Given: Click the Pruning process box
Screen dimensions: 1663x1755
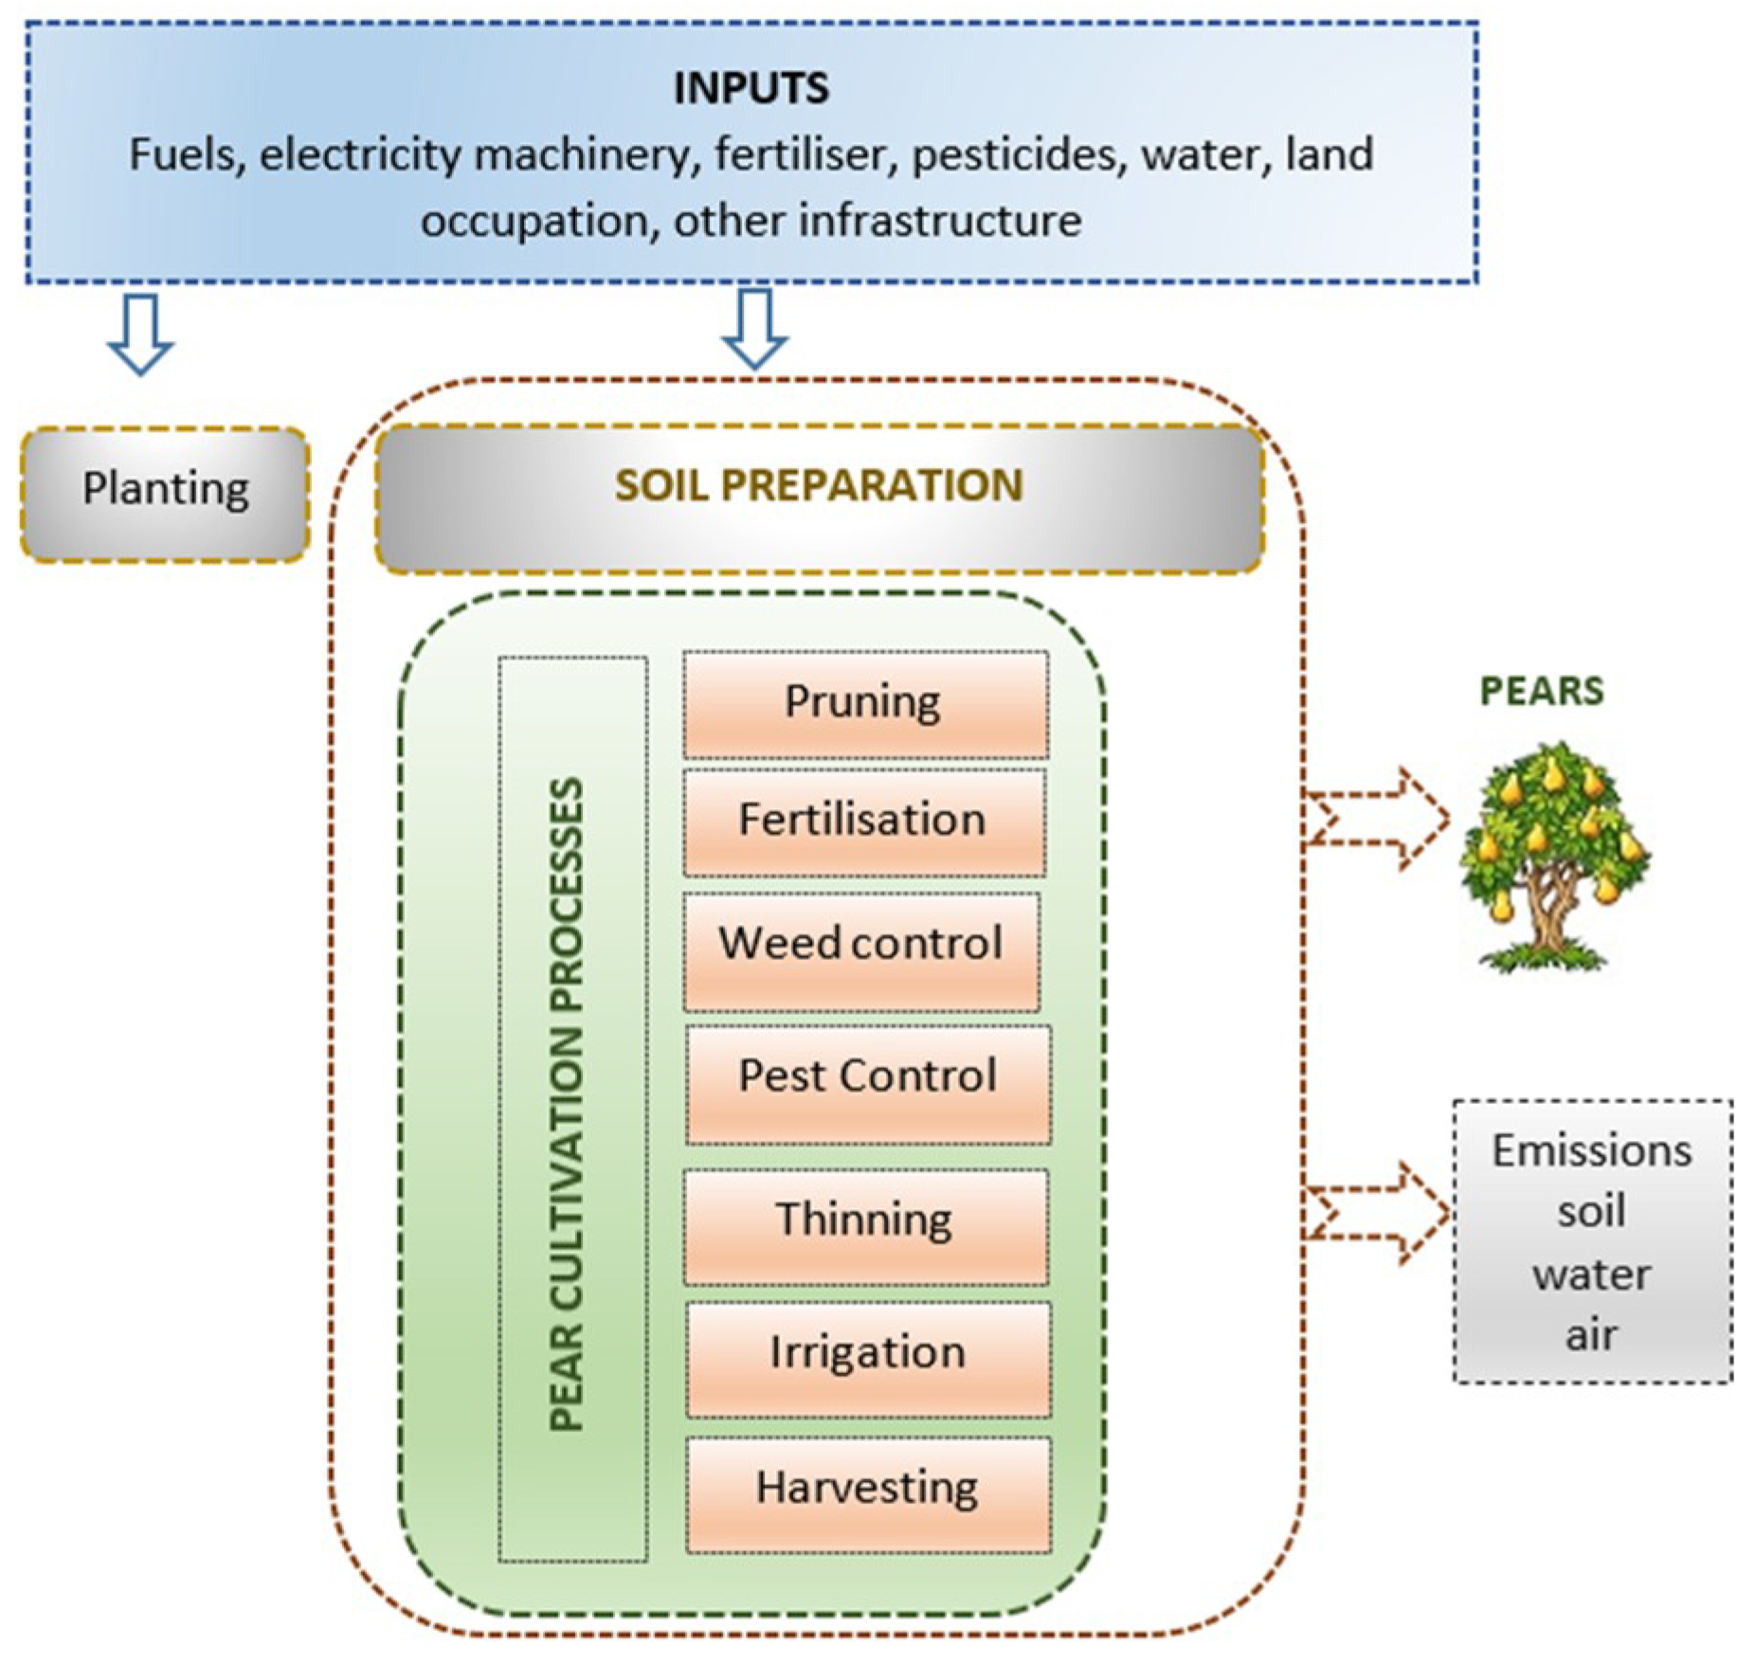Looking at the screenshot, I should coord(865,704).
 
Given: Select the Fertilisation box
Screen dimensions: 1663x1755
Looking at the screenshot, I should coord(863,822).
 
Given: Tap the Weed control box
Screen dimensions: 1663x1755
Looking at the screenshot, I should coord(861,950).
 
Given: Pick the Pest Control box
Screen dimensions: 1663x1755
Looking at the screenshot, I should coord(867,1083).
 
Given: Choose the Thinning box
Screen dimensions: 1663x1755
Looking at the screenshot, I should coord(865,1225).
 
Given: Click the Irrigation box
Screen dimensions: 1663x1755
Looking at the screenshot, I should coord(867,1358).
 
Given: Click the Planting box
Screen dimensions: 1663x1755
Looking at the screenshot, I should coord(165,493).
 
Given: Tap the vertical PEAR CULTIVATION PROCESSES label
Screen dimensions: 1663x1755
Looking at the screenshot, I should coord(569,1104).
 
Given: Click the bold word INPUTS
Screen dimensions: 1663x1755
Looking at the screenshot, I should coord(751,88).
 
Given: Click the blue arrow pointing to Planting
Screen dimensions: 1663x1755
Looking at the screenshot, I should coord(140,334).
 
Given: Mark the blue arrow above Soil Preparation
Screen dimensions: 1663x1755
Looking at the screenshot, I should coord(754,328).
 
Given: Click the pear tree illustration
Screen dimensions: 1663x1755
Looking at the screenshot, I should coord(1554,853).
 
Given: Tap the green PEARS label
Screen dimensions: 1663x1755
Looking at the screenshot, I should coord(1541,691).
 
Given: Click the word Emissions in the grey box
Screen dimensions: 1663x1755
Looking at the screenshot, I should coord(1591,1150).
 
